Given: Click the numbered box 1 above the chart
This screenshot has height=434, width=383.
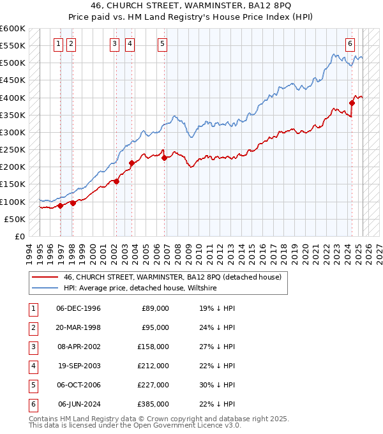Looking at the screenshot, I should (59, 44).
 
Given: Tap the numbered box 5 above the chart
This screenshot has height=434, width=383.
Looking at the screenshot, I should (162, 44).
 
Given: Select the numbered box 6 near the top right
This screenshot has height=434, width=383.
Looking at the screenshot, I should (350, 44).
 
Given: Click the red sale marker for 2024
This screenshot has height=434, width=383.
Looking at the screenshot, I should (352, 102).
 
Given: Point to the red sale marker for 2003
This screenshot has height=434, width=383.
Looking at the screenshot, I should (131, 163).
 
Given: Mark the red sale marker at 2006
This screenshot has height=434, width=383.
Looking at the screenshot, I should (164, 158).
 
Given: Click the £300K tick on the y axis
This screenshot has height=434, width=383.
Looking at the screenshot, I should (13, 132).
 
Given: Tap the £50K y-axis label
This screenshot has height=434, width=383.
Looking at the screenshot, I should (15, 219).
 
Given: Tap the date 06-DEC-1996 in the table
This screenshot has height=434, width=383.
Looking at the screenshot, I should (79, 308).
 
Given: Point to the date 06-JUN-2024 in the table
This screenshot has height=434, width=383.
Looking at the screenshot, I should (79, 404).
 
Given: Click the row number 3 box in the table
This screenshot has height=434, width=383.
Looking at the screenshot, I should (32, 347).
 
